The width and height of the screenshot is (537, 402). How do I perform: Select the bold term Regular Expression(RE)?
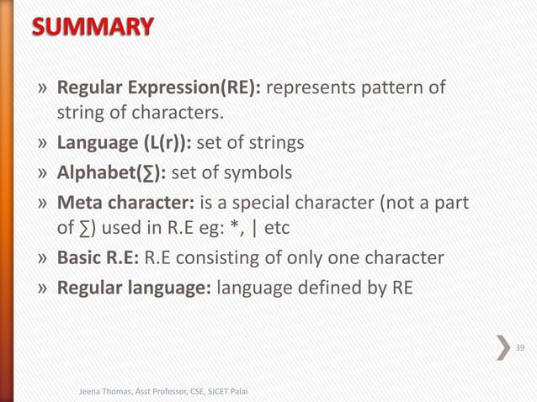[x=161, y=89]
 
